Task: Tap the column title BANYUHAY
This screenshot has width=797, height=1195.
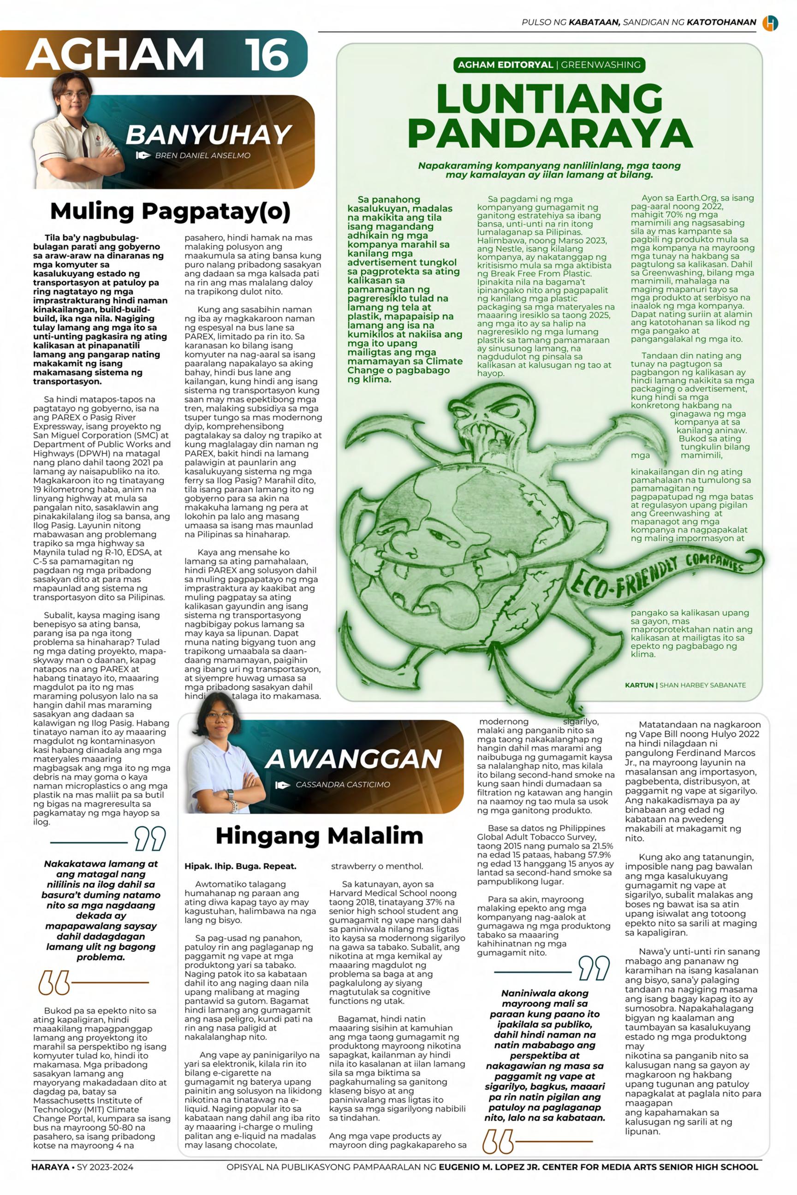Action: (208, 135)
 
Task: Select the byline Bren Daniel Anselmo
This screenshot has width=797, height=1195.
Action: (202, 155)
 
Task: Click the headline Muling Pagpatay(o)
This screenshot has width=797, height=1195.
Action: (170, 211)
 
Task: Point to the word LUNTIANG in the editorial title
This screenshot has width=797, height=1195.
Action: (549, 99)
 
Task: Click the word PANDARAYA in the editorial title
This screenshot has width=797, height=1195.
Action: (549, 134)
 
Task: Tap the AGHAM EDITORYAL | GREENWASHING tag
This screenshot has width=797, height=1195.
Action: (549, 65)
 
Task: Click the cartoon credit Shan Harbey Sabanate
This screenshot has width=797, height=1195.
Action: (685, 685)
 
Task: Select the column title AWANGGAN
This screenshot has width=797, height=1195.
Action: (353, 758)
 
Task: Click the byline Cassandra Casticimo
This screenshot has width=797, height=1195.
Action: (343, 785)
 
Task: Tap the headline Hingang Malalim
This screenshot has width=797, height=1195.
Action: (319, 835)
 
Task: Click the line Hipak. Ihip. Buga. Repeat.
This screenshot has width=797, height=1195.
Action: (240, 866)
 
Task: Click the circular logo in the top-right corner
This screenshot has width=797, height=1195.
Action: (769, 23)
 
